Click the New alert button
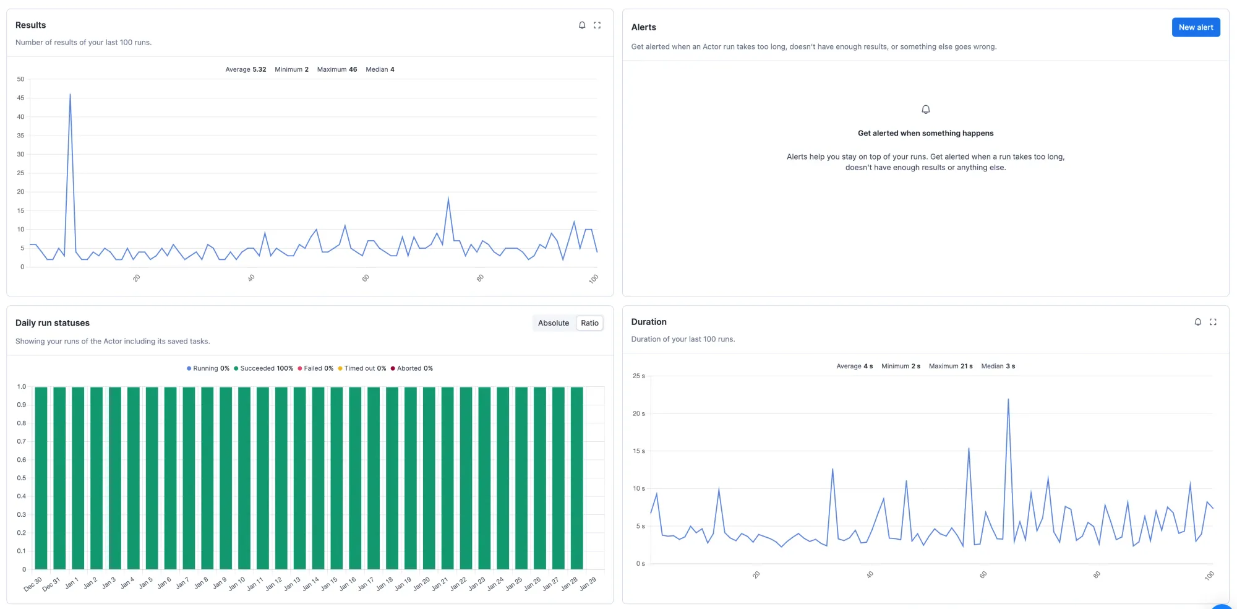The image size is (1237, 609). click(1195, 27)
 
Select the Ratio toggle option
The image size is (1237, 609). click(589, 323)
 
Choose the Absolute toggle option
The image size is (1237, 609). click(553, 323)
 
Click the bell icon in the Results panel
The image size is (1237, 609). click(582, 25)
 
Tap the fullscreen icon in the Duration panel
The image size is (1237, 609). click(1212, 322)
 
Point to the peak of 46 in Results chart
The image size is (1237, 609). click(70, 95)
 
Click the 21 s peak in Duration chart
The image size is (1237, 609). click(1008, 400)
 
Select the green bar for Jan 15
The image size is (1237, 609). click(336, 478)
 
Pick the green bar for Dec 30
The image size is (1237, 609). click(41, 478)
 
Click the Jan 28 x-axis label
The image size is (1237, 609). click(570, 584)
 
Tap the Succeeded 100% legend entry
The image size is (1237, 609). click(263, 368)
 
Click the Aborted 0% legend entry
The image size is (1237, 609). click(411, 368)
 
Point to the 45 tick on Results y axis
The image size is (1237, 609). click(20, 98)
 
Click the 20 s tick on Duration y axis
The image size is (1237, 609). click(638, 413)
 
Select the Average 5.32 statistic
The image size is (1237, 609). click(246, 69)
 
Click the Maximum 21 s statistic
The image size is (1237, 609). click(950, 366)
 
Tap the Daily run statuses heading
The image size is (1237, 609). click(53, 323)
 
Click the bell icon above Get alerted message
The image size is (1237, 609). click(925, 110)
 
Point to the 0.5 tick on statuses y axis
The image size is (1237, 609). click(22, 478)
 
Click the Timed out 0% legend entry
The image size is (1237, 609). click(362, 368)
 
